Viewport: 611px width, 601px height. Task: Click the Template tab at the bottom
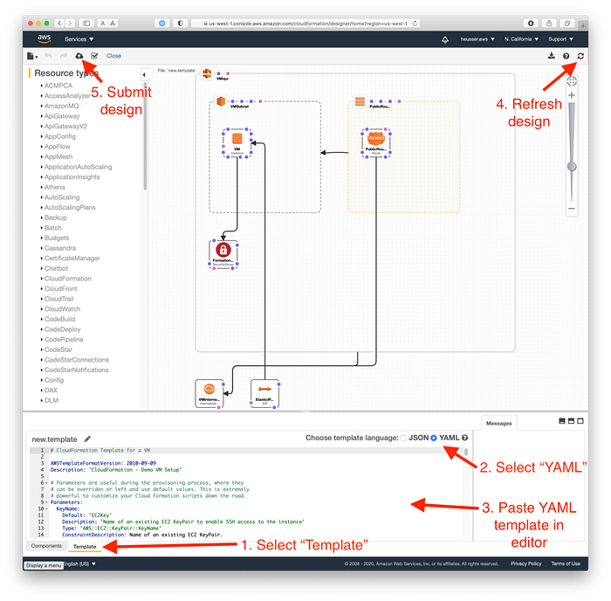(x=85, y=546)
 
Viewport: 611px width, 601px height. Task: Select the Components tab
(x=46, y=546)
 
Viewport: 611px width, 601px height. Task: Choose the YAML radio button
(x=434, y=438)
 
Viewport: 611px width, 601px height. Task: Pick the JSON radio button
(x=403, y=438)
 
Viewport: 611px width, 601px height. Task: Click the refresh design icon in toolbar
(x=580, y=56)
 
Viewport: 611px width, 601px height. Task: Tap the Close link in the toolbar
(x=113, y=56)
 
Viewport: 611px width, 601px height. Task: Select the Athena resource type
(x=54, y=187)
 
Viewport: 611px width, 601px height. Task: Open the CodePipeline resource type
(x=65, y=339)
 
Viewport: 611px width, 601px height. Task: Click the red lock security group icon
(x=223, y=251)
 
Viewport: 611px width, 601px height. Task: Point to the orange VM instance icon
(x=237, y=138)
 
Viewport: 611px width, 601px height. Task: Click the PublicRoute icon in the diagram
(x=377, y=138)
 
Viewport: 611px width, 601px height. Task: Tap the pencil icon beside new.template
(x=87, y=439)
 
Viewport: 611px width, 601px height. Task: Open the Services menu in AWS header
(x=79, y=39)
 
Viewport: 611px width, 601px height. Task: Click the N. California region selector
(x=522, y=39)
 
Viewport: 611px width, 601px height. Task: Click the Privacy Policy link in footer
(x=525, y=563)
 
